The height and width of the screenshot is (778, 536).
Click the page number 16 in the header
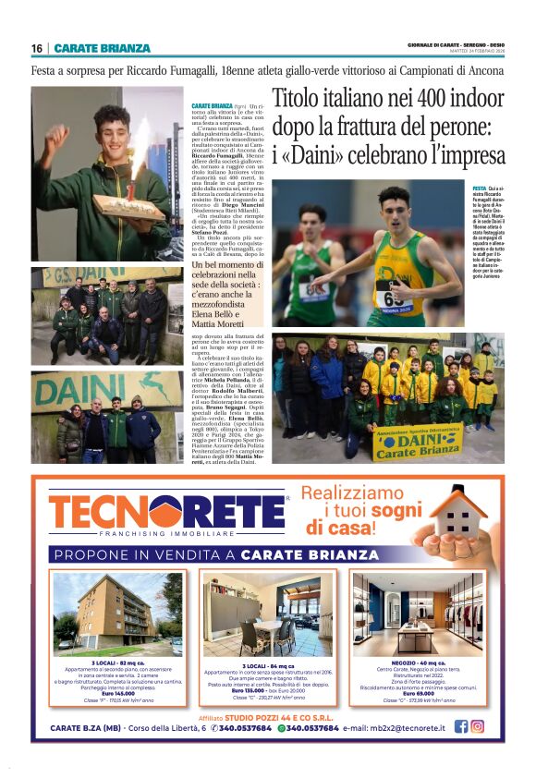(37, 48)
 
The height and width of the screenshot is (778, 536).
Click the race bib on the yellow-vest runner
(391, 298)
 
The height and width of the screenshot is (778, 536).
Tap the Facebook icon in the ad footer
(461, 726)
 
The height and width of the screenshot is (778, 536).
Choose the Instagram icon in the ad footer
(478, 726)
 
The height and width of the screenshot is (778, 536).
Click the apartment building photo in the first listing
(118, 614)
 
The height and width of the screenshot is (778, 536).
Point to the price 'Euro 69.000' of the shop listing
(418, 690)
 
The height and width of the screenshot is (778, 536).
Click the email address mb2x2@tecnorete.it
(396, 727)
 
